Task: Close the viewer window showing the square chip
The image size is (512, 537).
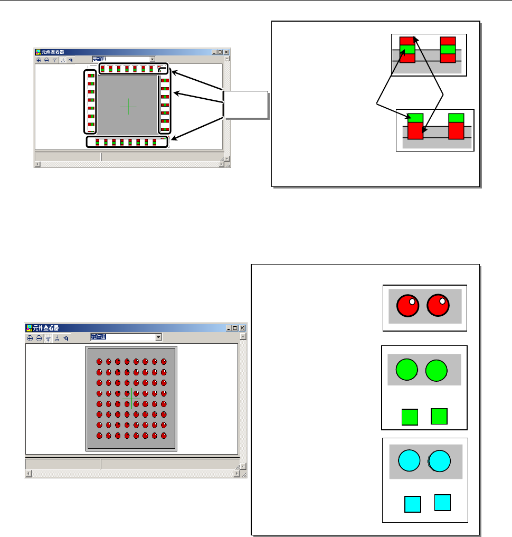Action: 226,52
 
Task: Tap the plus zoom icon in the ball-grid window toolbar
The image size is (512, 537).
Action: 30,337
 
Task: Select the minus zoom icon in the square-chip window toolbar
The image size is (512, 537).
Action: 46,60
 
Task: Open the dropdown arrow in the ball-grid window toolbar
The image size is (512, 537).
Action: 158,337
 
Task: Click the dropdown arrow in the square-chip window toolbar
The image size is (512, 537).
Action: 152,60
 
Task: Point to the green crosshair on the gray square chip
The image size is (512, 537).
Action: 128,107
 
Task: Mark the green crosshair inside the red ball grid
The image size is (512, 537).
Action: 131,393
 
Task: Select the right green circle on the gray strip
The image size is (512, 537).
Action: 437,370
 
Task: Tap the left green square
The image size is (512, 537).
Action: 410,417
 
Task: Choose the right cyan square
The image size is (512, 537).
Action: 442,502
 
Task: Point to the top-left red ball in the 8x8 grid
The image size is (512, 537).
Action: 99,362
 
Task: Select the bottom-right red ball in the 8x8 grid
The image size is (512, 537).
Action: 164,436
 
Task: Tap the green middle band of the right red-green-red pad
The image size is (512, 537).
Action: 448,50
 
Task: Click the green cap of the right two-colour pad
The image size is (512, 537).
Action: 456,118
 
